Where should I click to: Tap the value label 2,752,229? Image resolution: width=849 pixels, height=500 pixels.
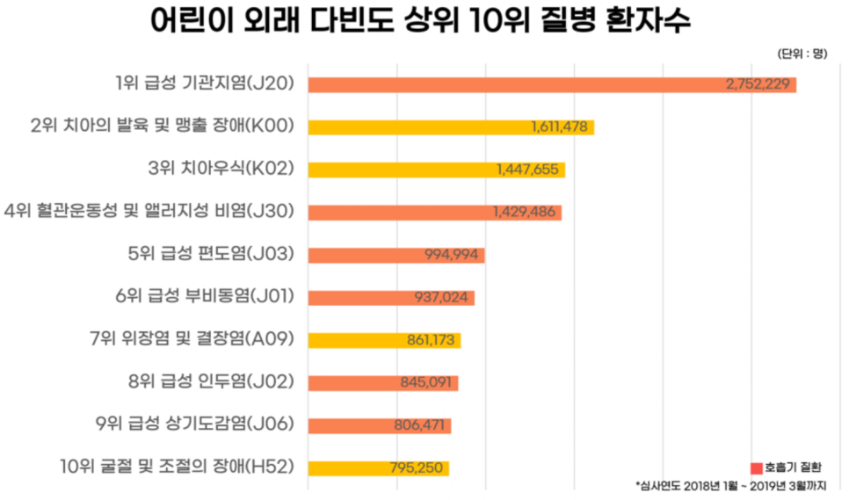760,85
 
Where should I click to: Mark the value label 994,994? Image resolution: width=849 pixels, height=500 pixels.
450,255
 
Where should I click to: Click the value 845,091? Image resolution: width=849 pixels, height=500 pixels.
425,382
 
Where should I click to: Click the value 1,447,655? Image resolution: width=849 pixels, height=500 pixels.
527,170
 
